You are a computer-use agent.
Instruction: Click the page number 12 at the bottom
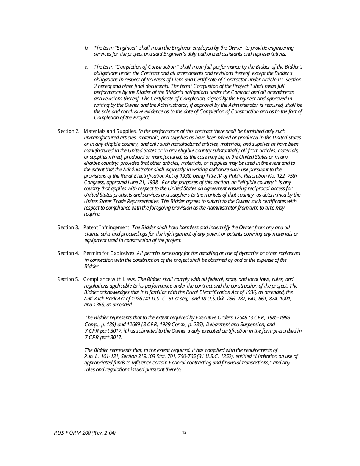[x=184, y=433]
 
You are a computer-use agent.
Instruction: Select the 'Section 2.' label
[x=69, y=131]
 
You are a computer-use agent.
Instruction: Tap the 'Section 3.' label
[x=68, y=227]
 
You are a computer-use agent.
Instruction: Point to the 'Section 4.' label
[x=68, y=253]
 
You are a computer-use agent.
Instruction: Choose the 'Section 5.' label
[x=68, y=279]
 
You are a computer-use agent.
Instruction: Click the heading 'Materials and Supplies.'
[x=110, y=131]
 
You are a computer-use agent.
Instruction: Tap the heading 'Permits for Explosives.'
[x=109, y=253]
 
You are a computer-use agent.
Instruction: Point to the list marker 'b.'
[x=86, y=48]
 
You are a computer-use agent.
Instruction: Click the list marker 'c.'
[x=86, y=67]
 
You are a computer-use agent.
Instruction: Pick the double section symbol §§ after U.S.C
[x=221, y=298]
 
